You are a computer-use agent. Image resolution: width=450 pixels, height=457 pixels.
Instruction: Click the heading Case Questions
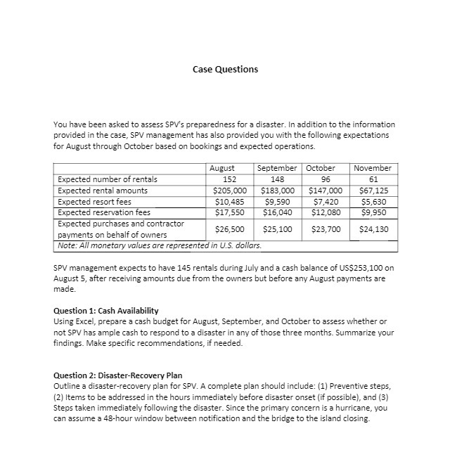click(225, 69)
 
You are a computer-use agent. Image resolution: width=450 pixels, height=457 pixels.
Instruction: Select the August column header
click(222, 169)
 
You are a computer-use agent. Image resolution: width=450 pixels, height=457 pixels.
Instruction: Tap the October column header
click(321, 169)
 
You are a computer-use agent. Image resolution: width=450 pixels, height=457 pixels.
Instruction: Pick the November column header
click(373, 169)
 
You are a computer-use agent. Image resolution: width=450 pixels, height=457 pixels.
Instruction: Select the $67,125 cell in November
click(373, 190)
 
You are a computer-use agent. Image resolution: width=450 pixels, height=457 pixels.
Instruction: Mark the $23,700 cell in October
click(326, 229)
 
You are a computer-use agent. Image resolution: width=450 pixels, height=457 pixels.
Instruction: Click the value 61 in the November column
click(373, 179)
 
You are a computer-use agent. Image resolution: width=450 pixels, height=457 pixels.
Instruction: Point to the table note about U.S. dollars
click(157, 245)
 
